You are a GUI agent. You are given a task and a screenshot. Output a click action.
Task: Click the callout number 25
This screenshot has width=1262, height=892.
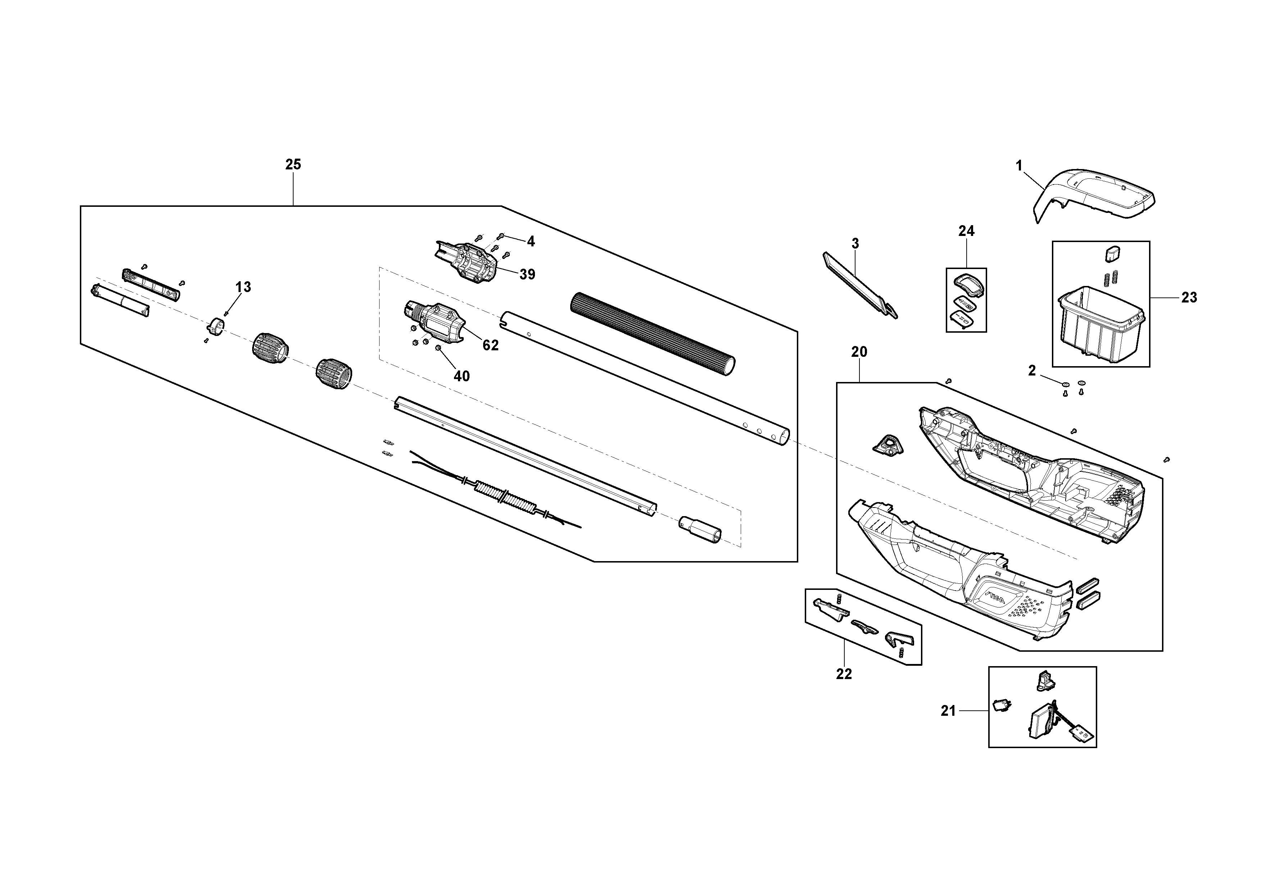pyautogui.click(x=293, y=164)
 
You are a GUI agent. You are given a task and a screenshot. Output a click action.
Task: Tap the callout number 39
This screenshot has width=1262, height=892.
pyautogui.click(x=527, y=274)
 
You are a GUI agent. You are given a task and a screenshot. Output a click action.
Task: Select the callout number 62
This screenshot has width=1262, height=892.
pyautogui.click(x=490, y=345)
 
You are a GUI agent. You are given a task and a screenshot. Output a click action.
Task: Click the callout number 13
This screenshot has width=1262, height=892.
pyautogui.click(x=243, y=287)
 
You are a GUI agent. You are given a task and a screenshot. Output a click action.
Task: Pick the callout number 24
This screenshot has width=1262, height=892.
pyautogui.click(x=966, y=231)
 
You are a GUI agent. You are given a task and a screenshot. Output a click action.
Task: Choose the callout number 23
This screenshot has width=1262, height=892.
pyautogui.click(x=1189, y=297)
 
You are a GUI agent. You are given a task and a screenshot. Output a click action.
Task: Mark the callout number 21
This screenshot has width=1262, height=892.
pyautogui.click(x=948, y=711)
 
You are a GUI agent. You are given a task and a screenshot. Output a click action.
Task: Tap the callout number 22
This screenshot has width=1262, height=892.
pyautogui.click(x=844, y=674)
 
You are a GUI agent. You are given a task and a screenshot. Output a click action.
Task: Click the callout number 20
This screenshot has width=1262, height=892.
pyautogui.click(x=859, y=352)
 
